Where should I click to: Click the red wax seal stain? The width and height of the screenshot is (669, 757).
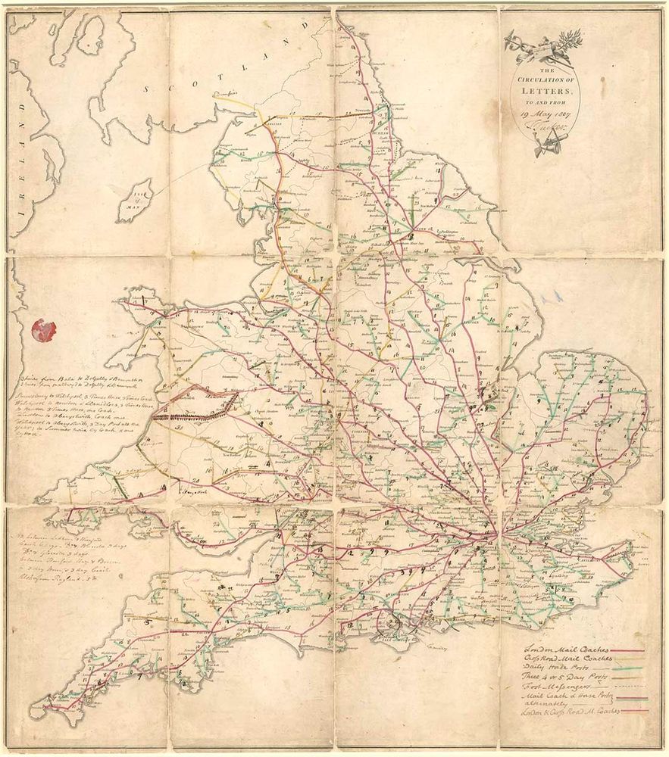click(x=43, y=329)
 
